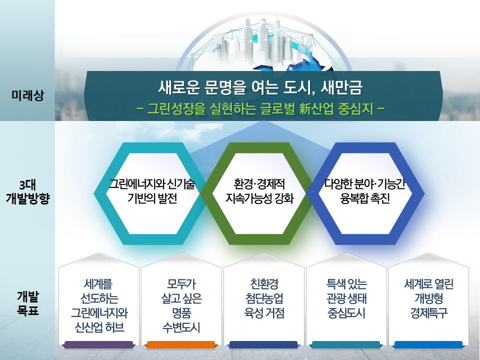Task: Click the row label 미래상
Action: [x=27, y=95]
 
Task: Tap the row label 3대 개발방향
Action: [x=27, y=192]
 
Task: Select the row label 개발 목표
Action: [x=27, y=303]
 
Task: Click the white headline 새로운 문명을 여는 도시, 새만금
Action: [x=260, y=87]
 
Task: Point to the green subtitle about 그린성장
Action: [x=260, y=108]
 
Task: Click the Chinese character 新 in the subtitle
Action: [x=306, y=108]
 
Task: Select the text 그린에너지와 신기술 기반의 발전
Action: [x=152, y=191]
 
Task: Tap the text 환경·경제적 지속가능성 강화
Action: [x=259, y=191]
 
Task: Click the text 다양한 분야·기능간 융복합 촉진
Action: [x=365, y=191]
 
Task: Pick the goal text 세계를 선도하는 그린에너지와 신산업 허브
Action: [x=99, y=306]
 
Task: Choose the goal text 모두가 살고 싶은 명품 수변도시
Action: [x=181, y=306]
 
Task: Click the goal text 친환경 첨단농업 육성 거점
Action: [x=264, y=298]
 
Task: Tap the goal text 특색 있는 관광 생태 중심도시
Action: [x=346, y=298]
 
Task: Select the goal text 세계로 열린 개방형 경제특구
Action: [x=428, y=298]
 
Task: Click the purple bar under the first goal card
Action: [x=99, y=345]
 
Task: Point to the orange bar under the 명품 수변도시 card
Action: [x=181, y=345]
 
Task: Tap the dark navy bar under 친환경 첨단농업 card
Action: [x=263, y=345]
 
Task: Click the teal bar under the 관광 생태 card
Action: [x=346, y=345]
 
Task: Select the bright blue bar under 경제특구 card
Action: [x=428, y=345]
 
